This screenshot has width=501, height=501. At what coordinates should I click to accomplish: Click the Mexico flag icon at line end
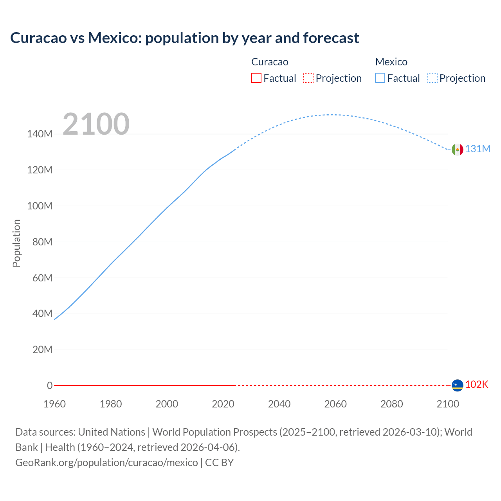click(x=457, y=150)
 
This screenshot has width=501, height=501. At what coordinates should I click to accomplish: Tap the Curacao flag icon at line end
click(x=457, y=385)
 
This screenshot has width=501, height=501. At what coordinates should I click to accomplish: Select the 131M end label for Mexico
click(x=478, y=149)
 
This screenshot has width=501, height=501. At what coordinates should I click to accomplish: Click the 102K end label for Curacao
click(x=477, y=385)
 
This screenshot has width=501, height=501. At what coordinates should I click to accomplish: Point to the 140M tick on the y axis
click(x=40, y=134)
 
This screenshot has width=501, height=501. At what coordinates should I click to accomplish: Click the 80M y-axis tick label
click(x=42, y=242)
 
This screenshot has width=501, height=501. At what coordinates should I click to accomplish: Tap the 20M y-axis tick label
click(x=42, y=350)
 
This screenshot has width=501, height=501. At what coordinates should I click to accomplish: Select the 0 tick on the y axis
click(x=50, y=386)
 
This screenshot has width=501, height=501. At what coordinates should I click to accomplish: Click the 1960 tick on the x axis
click(x=54, y=404)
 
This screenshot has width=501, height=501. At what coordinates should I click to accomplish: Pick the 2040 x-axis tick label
click(x=279, y=404)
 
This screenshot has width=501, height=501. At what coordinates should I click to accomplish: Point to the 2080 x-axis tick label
click(x=391, y=404)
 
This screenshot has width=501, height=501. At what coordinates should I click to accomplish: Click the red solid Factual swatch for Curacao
click(x=256, y=78)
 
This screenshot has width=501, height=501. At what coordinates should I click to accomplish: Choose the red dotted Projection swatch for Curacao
click(x=308, y=78)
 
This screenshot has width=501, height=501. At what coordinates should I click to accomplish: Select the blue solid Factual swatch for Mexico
click(x=380, y=78)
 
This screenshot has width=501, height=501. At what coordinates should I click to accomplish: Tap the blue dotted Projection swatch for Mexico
click(x=432, y=78)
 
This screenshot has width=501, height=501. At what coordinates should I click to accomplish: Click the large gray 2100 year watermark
click(x=96, y=124)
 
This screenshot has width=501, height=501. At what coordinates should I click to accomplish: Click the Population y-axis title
click(x=16, y=243)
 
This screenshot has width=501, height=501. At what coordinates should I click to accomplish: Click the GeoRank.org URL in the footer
click(x=106, y=463)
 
